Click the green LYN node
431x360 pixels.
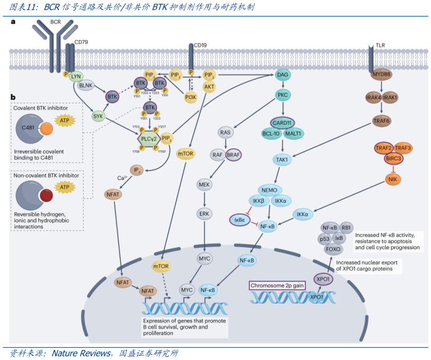[76, 76]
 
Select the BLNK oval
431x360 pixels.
[86, 85]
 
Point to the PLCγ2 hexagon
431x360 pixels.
[148, 139]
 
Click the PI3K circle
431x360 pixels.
[190, 97]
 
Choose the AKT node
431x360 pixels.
[209, 86]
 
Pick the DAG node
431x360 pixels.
[283, 75]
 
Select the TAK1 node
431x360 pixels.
[281, 159]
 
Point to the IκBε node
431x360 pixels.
[239, 219]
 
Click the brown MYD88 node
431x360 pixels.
[382, 75]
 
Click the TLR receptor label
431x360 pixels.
[380, 46]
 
